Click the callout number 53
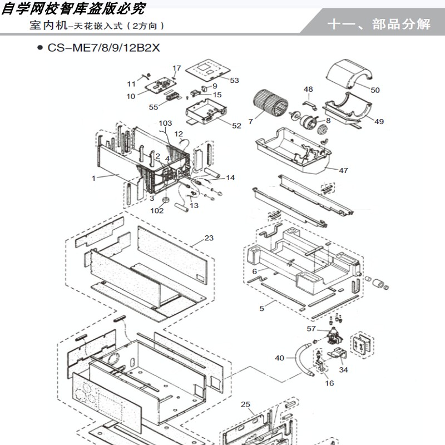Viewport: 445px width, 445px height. point(234,80)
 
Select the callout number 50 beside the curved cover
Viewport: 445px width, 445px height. point(375,90)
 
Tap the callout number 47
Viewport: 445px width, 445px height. point(343,170)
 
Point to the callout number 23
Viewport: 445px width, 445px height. point(209,238)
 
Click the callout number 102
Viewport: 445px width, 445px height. point(157,211)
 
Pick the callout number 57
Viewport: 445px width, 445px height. point(311,328)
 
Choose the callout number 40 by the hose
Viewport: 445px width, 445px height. point(279,358)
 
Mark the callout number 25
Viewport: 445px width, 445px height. point(245,404)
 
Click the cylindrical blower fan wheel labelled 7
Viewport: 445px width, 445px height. point(270,103)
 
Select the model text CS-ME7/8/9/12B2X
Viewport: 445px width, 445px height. point(103,47)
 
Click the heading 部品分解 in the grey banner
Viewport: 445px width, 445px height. point(401,24)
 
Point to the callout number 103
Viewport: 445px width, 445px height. point(165,123)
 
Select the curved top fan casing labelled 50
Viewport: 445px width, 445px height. point(350,73)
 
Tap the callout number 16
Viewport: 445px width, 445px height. point(329,383)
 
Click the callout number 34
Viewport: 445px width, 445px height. point(343,369)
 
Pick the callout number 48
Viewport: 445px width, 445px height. point(308,89)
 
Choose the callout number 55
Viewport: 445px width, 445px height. point(154,107)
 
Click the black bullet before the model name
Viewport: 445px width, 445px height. point(40,48)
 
